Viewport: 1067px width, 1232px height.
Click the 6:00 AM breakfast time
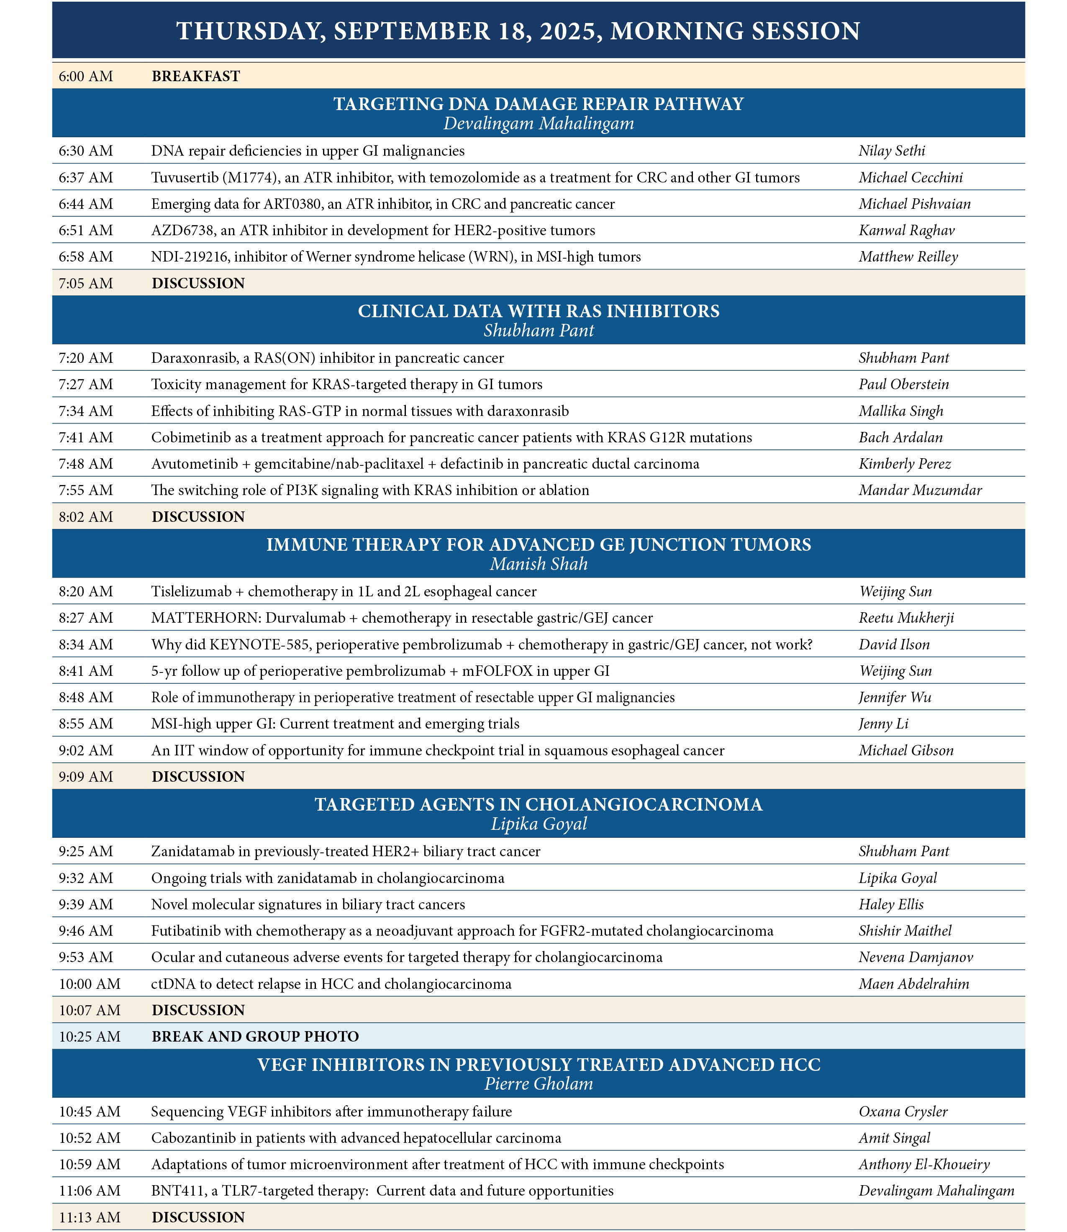tap(86, 76)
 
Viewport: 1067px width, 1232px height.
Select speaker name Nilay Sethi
tap(891, 151)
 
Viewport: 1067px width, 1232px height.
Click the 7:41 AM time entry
tap(86, 438)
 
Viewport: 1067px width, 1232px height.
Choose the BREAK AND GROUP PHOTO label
tap(255, 1037)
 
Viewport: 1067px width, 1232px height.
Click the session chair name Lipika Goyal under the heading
tap(539, 824)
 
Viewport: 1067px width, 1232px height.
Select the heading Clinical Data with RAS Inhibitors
tap(538, 311)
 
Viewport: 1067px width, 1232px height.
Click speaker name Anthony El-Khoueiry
tap(924, 1164)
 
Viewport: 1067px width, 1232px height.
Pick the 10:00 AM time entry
tap(89, 984)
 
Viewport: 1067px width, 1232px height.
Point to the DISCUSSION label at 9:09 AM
tap(198, 776)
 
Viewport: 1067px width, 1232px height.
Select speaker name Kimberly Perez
tap(905, 464)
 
